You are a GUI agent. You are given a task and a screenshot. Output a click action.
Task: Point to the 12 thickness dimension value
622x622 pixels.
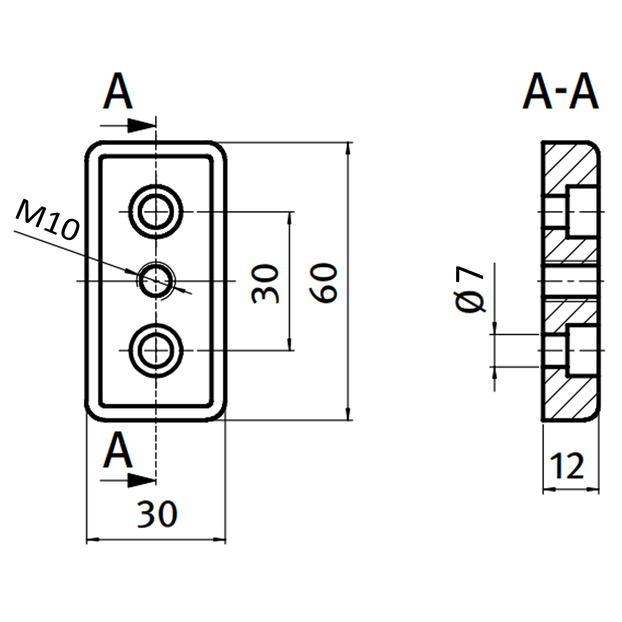[567, 466]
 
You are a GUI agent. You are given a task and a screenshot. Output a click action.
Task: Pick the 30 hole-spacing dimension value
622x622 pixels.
[265, 283]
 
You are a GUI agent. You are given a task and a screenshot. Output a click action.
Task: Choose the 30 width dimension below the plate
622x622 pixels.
[157, 514]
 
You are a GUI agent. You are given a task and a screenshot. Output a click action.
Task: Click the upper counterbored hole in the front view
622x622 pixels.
[156, 211]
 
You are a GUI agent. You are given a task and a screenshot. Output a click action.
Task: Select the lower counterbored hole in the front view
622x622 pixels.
[156, 350]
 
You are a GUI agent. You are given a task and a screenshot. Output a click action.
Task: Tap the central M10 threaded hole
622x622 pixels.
[156, 281]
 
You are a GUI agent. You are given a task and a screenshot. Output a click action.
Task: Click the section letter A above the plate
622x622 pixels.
[118, 91]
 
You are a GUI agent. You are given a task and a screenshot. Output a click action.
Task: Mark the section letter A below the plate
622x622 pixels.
[118, 450]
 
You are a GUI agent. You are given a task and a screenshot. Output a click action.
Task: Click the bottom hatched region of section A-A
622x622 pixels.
[567, 399]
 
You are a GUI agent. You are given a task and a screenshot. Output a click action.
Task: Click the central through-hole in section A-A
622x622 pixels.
[571, 281]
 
